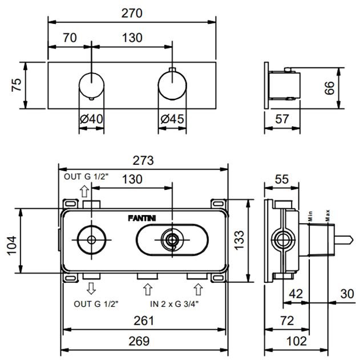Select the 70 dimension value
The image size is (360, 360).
[70, 39]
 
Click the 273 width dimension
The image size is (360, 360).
[144, 160]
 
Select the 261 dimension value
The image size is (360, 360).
[144, 321]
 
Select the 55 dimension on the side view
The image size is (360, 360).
[282, 179]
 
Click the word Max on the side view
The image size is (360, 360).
[327, 216]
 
